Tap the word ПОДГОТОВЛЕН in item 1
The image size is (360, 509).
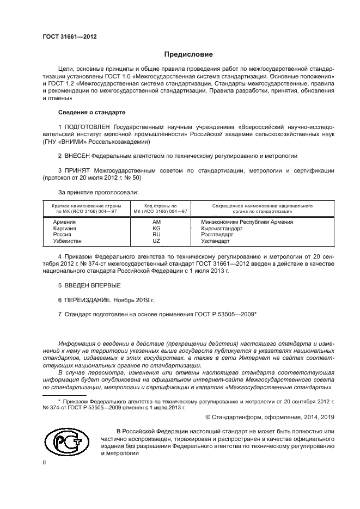tap(90, 126)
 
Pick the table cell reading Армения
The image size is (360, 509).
tap(64, 222)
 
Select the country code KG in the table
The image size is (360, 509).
tap(157, 229)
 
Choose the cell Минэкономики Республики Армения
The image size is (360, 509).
tap(247, 222)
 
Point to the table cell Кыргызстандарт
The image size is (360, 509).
tap(222, 229)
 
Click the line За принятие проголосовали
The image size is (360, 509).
tap(98, 192)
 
